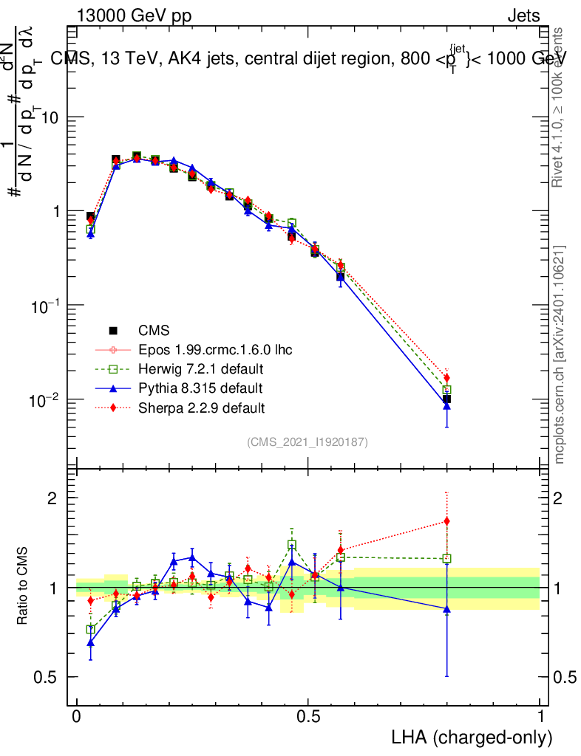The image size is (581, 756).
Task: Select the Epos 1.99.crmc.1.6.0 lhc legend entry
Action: tap(214, 350)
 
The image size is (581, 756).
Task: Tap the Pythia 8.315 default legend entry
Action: tap(200, 388)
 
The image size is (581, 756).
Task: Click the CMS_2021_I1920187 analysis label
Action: tap(308, 441)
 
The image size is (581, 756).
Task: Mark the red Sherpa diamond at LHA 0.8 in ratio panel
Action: tap(446, 521)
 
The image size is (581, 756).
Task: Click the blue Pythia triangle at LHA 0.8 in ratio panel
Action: tap(446, 608)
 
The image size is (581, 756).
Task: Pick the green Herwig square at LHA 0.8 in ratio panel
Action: tap(446, 559)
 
